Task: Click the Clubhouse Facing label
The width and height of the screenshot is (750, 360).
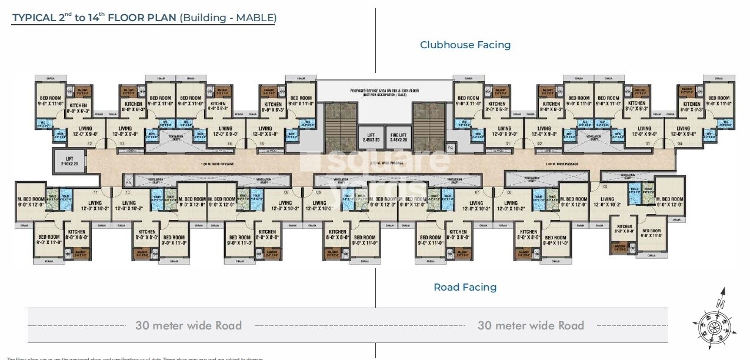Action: point(465,45)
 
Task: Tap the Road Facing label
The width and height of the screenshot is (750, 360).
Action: point(465,287)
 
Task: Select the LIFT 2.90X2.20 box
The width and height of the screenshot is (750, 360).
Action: point(69,161)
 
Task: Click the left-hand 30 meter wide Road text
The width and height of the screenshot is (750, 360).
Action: point(188,325)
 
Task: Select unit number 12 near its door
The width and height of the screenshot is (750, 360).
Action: point(90,144)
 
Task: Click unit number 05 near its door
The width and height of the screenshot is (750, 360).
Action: point(605,186)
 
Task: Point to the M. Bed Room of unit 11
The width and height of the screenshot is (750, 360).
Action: point(31,202)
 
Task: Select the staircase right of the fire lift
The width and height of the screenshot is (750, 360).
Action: point(428,128)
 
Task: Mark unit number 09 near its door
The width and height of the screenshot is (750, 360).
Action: point(286,192)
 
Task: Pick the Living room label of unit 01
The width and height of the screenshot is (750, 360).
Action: point(505,131)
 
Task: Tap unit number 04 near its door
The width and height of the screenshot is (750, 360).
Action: point(679,144)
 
